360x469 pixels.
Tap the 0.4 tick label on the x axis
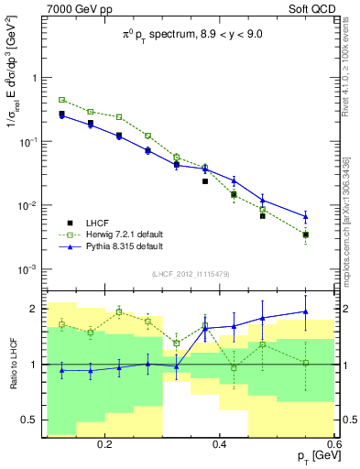pyautogui.click(x=220, y=442)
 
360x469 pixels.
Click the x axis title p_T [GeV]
pyautogui.click(x=311, y=456)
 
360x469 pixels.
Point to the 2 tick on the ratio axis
pyautogui.click(x=33, y=308)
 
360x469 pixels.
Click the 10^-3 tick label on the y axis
pyautogui.click(x=26, y=269)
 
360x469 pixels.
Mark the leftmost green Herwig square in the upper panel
pyautogui.click(x=61, y=100)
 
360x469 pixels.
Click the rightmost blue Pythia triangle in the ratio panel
pyautogui.click(x=306, y=311)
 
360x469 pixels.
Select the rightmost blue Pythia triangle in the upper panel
pyautogui.click(x=306, y=217)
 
